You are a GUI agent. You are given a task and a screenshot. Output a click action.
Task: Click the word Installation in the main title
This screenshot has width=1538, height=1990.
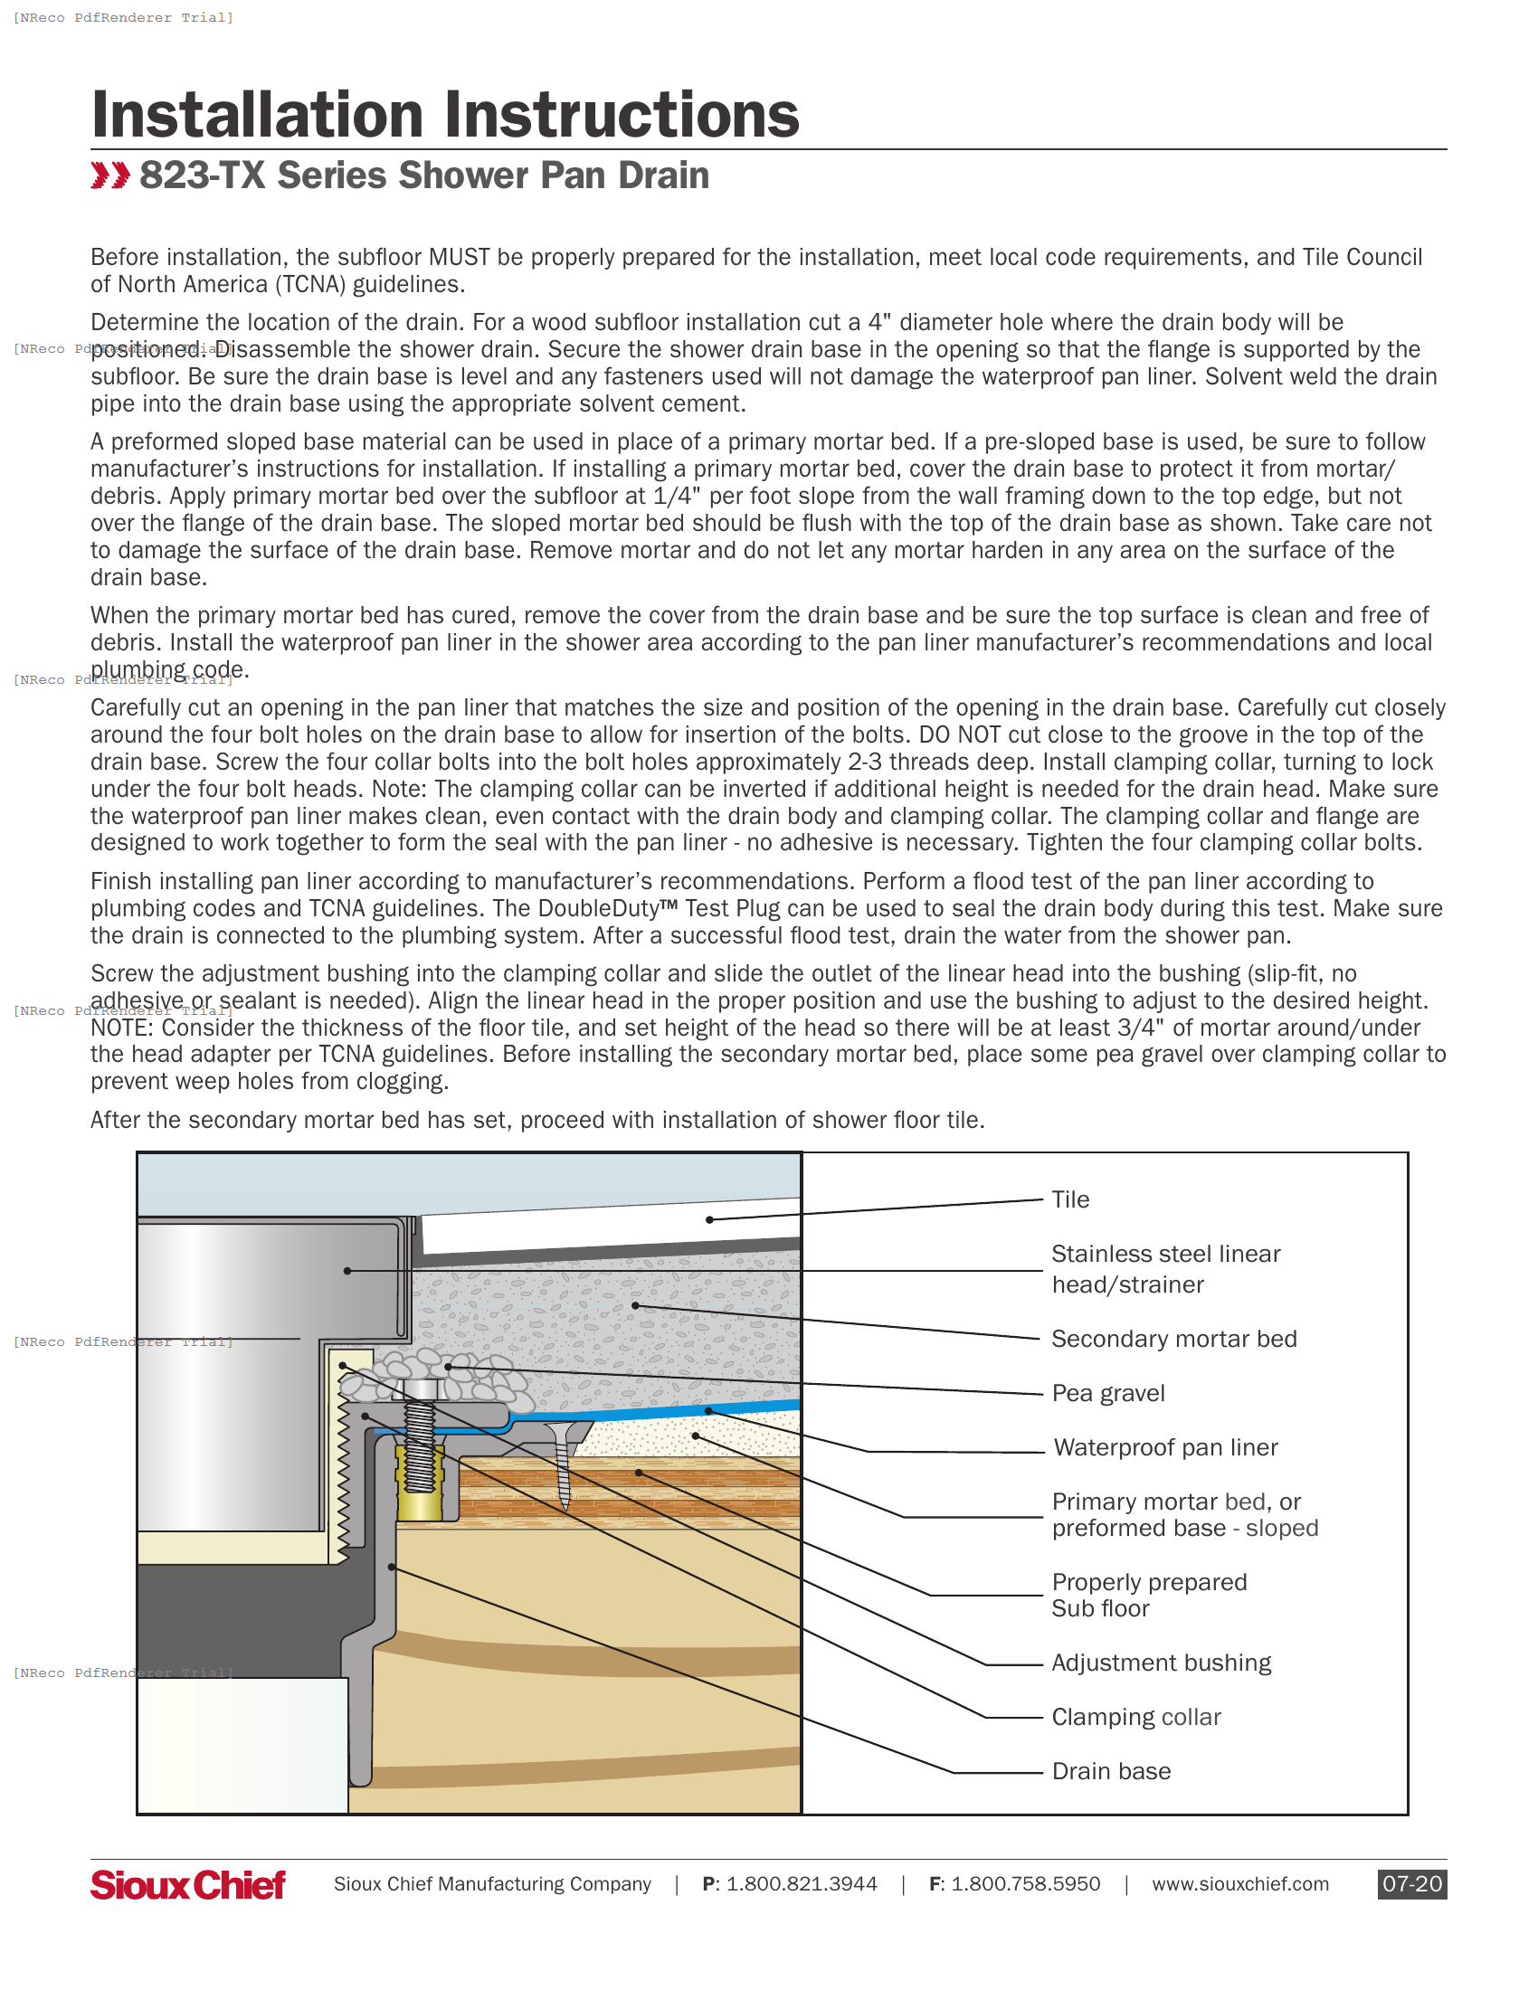coord(258,116)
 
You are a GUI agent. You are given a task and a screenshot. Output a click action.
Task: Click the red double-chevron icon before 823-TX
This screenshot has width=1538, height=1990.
coord(110,175)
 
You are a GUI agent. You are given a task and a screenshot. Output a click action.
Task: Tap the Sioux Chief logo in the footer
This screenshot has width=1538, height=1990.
coord(187,1884)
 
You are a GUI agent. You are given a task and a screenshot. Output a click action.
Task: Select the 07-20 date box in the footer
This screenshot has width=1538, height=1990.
coord(1411,1883)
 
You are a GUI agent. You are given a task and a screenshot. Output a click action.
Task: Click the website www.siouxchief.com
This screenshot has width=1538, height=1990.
coord(1239,1883)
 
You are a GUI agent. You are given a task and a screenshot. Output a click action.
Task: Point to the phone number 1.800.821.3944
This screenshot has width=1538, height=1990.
coord(801,1883)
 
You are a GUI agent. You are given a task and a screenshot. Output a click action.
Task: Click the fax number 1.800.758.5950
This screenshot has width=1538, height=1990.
coord(1025,1883)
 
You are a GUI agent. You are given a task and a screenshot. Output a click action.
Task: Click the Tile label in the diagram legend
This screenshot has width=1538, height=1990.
coord(1069,1199)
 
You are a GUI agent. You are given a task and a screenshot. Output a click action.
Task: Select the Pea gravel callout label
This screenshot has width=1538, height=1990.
coord(1108,1393)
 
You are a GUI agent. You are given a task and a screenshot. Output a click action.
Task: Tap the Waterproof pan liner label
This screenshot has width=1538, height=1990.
coord(1165,1447)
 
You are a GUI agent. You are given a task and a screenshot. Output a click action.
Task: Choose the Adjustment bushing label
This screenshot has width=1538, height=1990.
coord(1161,1663)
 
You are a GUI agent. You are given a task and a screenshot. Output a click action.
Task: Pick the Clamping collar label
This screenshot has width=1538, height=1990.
coord(1135,1717)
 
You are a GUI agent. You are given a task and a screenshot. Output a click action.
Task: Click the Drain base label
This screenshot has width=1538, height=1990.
coord(1111,1771)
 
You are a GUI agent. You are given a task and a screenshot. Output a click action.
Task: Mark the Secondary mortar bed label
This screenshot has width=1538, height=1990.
coord(1173,1339)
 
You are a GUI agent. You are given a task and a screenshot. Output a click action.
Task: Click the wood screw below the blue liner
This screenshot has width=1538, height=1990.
coord(565,1467)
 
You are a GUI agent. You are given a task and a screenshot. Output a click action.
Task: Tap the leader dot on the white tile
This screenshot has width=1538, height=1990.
coord(709,1219)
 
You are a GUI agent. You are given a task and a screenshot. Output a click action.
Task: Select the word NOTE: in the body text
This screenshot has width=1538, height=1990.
coord(123,1028)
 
